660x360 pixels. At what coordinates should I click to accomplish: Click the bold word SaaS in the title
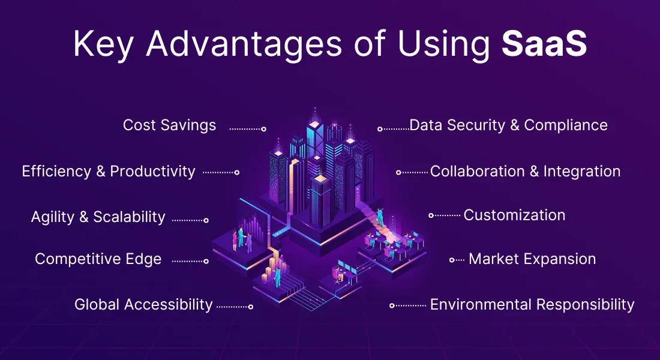coord(544,43)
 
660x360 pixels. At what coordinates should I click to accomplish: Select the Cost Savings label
coord(169,125)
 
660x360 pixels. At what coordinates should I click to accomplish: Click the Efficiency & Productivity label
coord(109,172)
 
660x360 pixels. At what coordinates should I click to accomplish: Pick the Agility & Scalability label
coord(98,217)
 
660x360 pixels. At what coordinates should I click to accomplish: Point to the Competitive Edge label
coord(98,259)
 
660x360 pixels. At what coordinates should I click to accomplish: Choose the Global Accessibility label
coord(143,304)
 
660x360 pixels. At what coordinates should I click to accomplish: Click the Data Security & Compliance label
coord(508,125)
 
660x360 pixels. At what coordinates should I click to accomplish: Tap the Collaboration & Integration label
coord(526,172)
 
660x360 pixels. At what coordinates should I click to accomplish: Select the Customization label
coord(514,215)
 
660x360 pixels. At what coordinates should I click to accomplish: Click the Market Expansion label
coord(532,259)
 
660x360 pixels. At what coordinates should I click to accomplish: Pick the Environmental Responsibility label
coord(532,304)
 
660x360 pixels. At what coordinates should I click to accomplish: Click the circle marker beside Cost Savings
coord(264,129)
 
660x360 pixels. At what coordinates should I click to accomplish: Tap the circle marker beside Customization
coord(431,215)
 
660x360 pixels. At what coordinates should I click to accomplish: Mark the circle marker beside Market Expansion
coord(452,260)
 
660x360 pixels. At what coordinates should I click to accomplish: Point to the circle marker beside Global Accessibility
coord(250,307)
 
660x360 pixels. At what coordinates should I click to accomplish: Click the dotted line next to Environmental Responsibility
coord(410,305)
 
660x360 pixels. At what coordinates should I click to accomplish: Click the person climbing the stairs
coord(380,217)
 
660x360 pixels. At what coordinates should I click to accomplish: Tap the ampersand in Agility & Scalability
coord(84,217)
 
